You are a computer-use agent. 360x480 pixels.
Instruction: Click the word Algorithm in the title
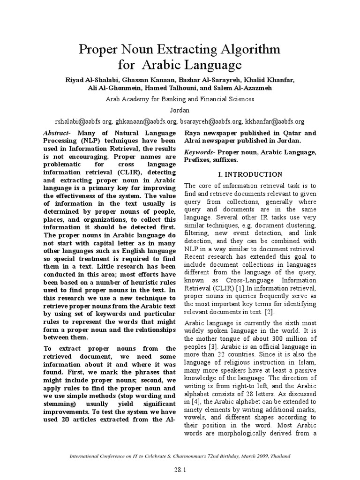[244, 49]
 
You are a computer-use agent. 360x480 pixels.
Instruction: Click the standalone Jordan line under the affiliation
[180, 110]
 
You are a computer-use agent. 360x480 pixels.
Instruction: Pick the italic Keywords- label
[200, 152]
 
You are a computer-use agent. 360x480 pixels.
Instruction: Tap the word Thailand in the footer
[279, 456]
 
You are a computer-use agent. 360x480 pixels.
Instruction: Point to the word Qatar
[290, 133]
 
